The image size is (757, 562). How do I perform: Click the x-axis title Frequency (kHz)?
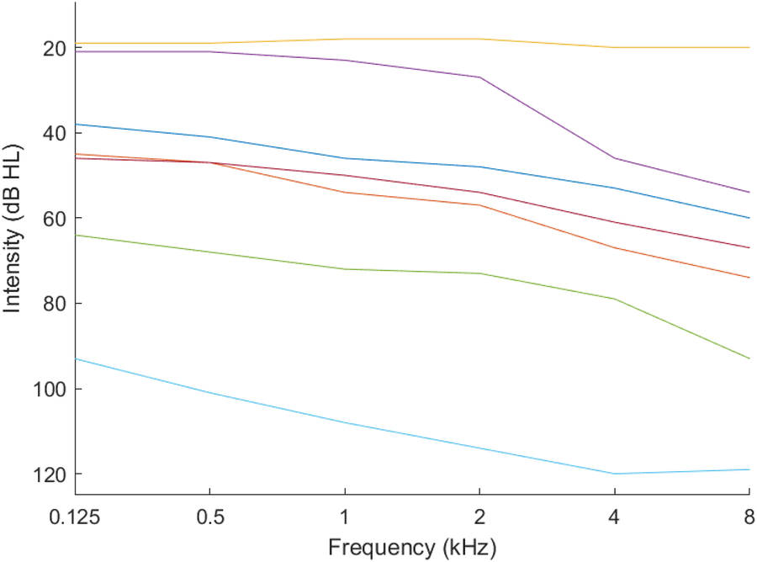tap(412, 547)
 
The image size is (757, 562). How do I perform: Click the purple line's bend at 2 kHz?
tap(479, 77)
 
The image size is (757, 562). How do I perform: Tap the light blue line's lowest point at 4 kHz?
tap(615, 474)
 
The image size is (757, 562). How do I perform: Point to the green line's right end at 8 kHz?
tap(749, 358)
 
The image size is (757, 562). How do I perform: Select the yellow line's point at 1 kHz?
tap(345, 39)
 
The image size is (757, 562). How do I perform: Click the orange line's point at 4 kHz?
tap(615, 247)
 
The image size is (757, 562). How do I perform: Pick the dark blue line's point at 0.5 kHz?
tap(209, 137)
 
